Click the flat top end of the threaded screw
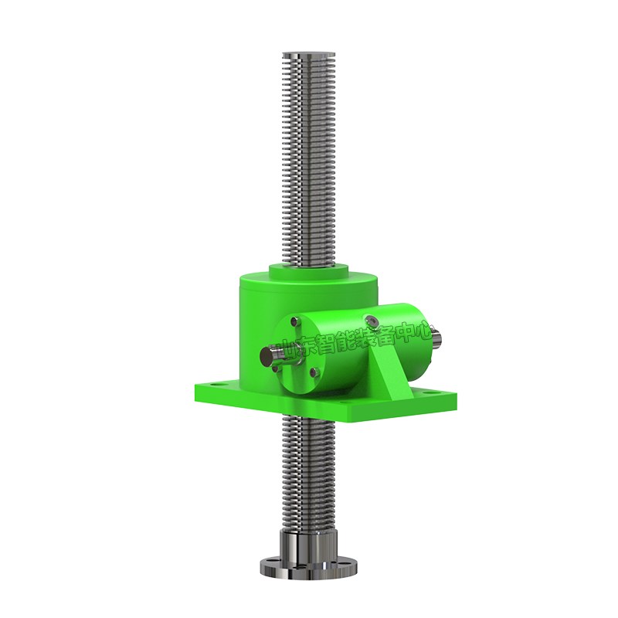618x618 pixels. click(307, 54)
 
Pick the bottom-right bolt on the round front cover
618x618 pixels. click(314, 371)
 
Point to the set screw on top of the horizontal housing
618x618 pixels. click(371, 318)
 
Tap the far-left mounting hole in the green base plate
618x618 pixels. click(214, 382)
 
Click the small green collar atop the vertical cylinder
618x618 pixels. click(308, 272)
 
